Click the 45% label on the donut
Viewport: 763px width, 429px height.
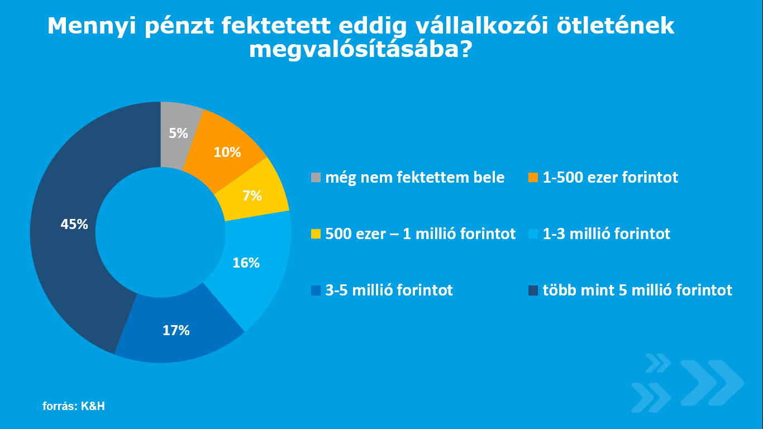click(x=74, y=224)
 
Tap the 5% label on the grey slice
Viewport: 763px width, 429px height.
click(x=178, y=133)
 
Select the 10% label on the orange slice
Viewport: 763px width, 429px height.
click(x=227, y=152)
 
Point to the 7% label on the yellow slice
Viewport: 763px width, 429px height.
click(x=252, y=196)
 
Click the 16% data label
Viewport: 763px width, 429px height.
click(x=246, y=263)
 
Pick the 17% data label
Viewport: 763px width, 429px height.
click(x=176, y=330)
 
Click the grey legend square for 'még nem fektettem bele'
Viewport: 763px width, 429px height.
click(x=316, y=178)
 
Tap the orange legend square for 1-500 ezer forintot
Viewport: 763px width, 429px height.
click(x=533, y=178)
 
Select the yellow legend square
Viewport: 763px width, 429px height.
click(x=316, y=234)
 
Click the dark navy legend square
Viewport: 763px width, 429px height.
click(x=533, y=290)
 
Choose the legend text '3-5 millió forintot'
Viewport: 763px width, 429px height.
click(x=389, y=290)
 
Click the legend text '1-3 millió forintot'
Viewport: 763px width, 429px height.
click(x=606, y=233)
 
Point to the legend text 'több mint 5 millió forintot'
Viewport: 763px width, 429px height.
click(x=637, y=290)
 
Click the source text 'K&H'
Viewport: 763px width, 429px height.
click(x=93, y=406)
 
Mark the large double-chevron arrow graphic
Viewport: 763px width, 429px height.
click(x=712, y=383)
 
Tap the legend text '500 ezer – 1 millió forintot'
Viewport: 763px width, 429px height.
click(x=420, y=233)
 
